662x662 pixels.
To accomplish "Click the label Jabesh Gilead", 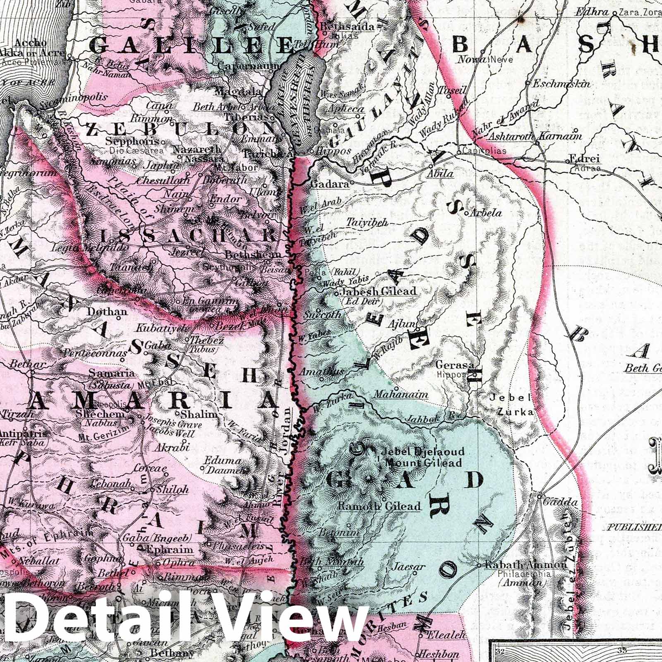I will click(x=378, y=291).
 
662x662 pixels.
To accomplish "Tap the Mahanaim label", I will click(x=401, y=394).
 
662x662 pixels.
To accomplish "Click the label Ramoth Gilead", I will click(x=379, y=506).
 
